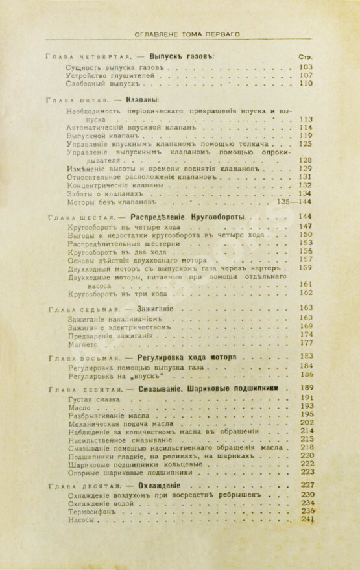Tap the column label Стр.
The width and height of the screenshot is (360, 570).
pos(305,56)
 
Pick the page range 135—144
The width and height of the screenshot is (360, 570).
pos(294,202)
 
